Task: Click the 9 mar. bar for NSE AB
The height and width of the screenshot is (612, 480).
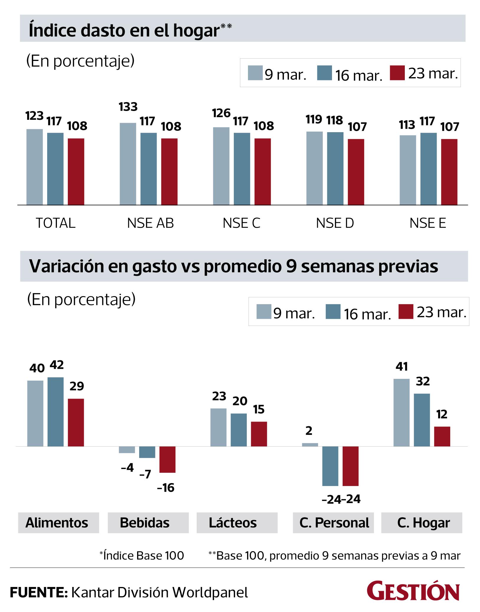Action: coord(128,164)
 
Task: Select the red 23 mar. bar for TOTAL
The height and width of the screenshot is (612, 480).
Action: coord(76,172)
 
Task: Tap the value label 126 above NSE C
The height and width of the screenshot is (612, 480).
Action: coord(221,113)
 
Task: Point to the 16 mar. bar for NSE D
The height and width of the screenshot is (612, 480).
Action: coord(335,168)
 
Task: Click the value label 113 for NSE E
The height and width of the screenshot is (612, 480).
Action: coord(407,125)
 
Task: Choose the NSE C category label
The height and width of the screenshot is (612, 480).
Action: coord(241,223)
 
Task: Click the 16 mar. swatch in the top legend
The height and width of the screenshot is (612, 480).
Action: coord(324,73)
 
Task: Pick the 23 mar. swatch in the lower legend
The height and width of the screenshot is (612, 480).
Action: coord(405,311)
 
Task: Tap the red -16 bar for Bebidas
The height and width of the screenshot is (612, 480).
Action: coord(167,460)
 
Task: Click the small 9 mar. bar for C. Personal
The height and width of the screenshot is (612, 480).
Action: coord(310,445)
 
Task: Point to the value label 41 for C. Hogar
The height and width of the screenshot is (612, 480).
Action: coord(402,366)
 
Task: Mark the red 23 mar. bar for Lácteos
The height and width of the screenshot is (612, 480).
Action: coord(259,434)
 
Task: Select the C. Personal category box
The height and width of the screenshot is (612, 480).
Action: coord(333,523)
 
